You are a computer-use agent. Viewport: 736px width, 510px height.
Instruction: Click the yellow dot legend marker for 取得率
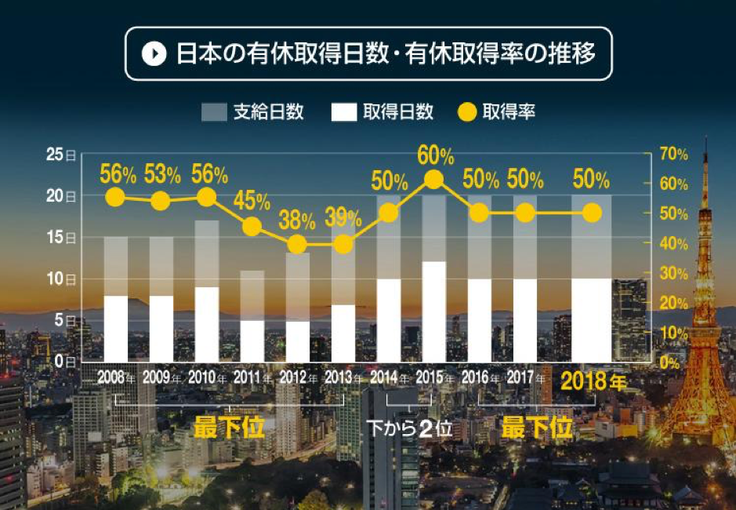pos(466,111)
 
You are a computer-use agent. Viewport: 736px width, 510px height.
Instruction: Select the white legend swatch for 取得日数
pos(344,111)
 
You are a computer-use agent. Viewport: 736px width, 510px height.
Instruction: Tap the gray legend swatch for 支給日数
pos(214,111)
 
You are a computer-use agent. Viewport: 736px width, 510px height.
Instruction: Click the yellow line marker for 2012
pos(297,244)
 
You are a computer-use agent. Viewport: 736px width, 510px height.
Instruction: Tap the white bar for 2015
pos(434,311)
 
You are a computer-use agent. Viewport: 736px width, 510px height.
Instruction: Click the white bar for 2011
pos(252,341)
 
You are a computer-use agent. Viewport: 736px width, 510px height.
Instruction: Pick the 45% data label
pos(251,202)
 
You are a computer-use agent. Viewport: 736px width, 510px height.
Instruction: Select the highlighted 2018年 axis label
pos(593,382)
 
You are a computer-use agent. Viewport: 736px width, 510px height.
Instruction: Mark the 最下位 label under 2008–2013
pos(229,428)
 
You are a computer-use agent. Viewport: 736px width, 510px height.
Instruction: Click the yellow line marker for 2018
pos(592,213)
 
